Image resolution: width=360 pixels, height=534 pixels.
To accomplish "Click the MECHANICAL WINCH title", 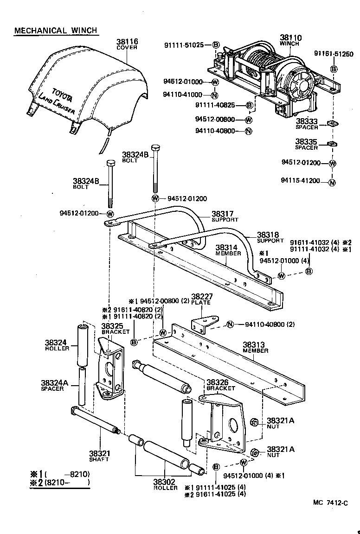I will pos(55,31).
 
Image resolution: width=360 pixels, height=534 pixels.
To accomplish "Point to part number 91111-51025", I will pos(184,45).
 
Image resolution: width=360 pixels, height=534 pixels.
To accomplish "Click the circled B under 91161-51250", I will pos(334,69).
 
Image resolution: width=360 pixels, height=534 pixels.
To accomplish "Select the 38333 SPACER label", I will pos(307,124).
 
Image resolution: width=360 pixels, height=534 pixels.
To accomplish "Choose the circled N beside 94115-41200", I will pos(332,182).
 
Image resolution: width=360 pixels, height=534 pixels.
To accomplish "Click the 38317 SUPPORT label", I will pos(225,216).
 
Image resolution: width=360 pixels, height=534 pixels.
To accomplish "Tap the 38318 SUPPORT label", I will pos(270,237).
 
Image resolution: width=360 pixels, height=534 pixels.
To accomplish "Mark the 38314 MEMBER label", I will pos(228,250).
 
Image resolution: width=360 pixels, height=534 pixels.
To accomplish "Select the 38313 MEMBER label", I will pos(255,347).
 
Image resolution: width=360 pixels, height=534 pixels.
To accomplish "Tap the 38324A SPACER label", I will pos(54,385).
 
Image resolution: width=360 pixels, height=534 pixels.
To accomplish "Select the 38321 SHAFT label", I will pos(99,455).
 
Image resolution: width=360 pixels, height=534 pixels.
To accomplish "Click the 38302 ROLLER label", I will pos(166,484).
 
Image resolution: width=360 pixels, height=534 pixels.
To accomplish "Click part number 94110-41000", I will pos(183,95).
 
